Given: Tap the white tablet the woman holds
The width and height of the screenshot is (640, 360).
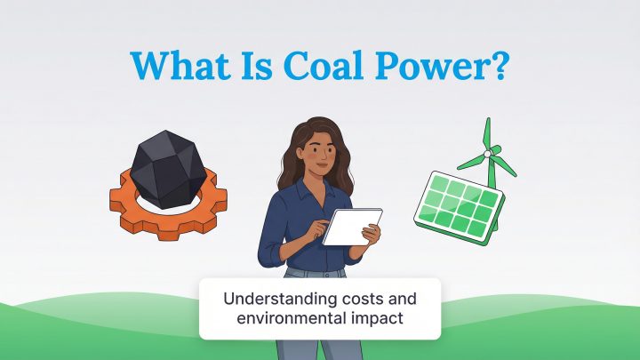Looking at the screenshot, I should tap(351, 227).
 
